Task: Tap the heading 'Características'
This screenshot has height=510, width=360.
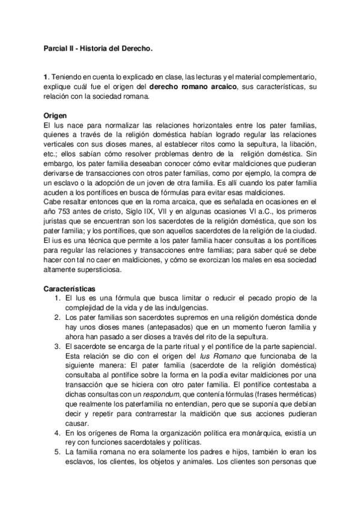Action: pos(70,289)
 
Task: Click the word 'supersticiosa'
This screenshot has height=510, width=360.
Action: pos(98,270)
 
